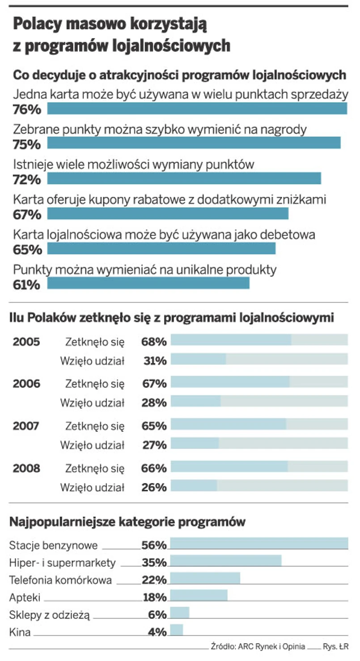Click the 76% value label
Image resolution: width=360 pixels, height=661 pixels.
(27, 110)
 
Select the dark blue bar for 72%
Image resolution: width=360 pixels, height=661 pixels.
(184, 178)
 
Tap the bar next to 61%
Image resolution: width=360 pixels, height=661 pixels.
(148, 283)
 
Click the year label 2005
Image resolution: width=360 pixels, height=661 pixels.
(26, 342)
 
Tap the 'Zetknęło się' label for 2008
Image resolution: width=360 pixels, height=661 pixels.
(95, 468)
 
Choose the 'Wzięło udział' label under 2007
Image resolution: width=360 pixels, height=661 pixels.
(92, 445)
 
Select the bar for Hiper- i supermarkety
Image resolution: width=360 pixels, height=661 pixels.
(226, 561)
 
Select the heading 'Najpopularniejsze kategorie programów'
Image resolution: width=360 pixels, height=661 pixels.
(127, 522)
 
